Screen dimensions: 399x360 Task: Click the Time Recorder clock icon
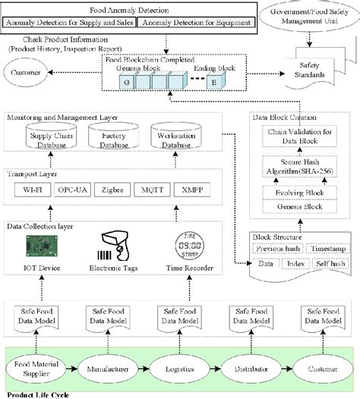tap(185, 245)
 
